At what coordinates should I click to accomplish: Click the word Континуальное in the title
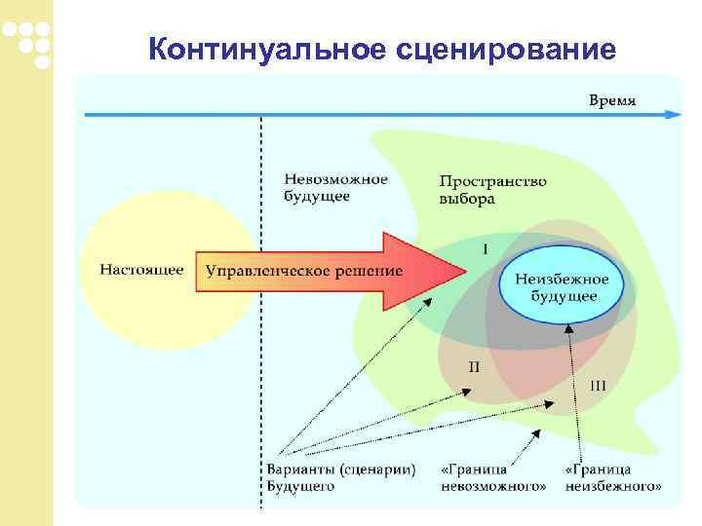(x=270, y=48)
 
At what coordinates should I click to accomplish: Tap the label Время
(x=613, y=99)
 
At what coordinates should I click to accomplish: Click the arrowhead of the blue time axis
(x=673, y=115)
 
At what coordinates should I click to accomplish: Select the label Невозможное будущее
(x=336, y=187)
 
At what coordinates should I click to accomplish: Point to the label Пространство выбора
(x=492, y=190)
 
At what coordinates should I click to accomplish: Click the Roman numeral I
(x=486, y=248)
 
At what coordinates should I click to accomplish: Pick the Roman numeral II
(x=474, y=367)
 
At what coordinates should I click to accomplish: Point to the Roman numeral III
(x=598, y=386)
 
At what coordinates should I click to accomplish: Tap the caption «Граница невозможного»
(x=493, y=476)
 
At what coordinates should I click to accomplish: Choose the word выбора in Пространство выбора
(x=467, y=199)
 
